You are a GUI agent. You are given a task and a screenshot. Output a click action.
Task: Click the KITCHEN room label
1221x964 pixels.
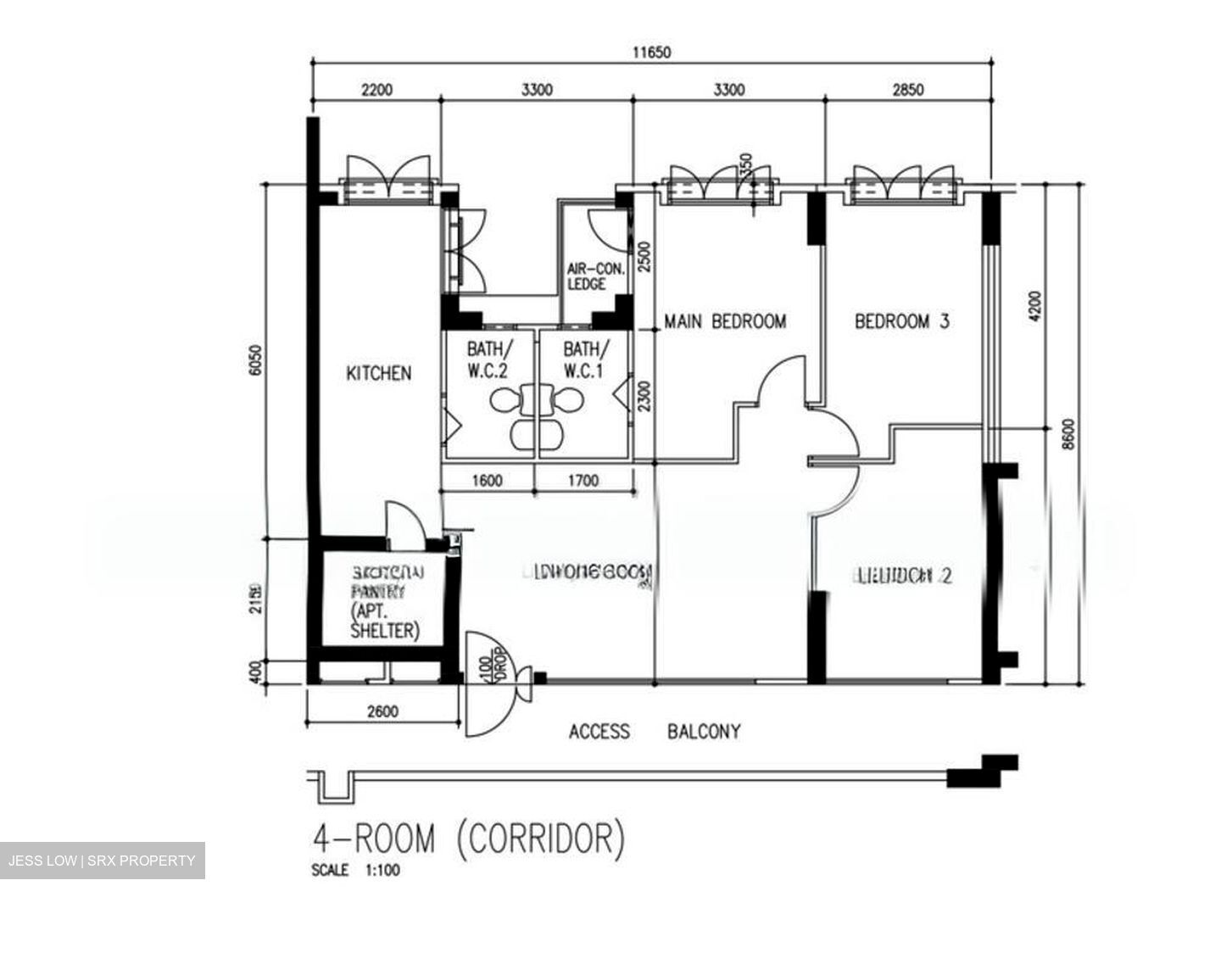(x=378, y=373)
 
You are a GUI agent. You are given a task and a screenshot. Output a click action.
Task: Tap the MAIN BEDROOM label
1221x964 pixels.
(x=724, y=321)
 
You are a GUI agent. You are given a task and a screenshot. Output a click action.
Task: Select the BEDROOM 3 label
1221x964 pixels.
(x=901, y=321)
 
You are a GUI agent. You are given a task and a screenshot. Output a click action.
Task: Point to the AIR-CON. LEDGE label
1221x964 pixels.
(x=594, y=276)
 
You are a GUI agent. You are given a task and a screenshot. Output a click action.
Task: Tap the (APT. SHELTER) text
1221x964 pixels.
(x=384, y=621)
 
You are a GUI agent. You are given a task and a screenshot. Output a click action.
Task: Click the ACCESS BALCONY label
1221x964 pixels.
(x=654, y=731)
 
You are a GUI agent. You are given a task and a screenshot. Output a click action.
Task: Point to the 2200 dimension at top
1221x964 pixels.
(x=376, y=89)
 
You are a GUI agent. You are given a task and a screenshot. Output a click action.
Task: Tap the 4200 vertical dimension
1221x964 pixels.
(x=1034, y=307)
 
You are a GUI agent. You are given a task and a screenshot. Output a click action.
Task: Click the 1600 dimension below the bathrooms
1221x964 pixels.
(x=487, y=481)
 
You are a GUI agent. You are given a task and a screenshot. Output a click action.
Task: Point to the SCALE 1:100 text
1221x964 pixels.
(x=355, y=870)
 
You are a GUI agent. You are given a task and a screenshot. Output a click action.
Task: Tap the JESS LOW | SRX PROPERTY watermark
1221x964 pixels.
(x=102, y=861)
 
